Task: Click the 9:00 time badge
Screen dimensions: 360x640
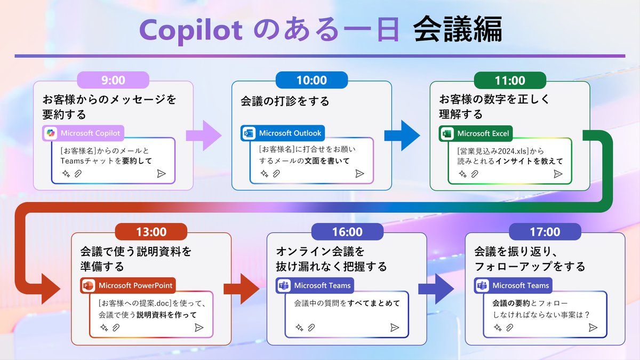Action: click(113, 81)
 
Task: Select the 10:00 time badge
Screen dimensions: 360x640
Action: click(311, 81)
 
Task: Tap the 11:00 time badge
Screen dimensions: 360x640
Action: click(510, 81)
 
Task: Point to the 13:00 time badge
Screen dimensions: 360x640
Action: click(151, 232)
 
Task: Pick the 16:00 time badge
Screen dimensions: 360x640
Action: click(347, 232)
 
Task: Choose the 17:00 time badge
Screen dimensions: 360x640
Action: click(545, 232)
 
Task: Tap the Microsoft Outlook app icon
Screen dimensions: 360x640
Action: click(249, 133)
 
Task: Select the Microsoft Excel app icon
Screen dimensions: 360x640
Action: click(447, 133)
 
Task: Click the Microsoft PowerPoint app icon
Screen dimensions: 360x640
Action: click(88, 285)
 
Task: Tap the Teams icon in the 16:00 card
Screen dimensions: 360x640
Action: click(284, 285)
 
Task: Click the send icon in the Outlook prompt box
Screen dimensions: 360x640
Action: click(359, 173)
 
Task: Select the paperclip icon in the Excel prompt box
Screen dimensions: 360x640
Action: click(475, 174)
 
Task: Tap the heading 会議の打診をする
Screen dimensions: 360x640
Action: click(285, 101)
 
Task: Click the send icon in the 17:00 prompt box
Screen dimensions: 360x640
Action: click(593, 327)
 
